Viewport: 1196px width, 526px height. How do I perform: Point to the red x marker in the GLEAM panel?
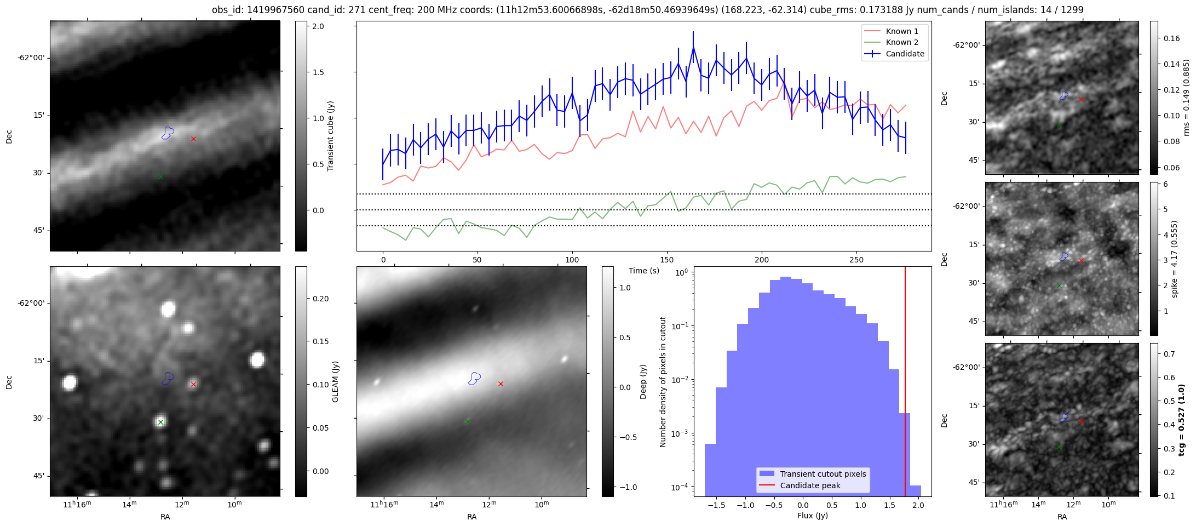193,384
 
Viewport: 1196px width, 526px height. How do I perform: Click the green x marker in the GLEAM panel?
160,422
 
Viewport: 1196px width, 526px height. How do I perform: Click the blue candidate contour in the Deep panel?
474,378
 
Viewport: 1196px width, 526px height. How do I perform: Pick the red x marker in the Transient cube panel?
193,139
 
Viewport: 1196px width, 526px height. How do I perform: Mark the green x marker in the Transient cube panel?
160,176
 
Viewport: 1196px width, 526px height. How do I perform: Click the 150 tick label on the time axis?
667,260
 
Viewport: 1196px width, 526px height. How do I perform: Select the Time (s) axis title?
644,271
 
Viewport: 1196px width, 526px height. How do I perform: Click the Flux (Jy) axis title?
813,516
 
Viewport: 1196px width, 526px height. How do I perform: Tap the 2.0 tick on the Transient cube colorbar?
318,26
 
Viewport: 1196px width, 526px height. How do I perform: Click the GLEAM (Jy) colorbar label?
335,381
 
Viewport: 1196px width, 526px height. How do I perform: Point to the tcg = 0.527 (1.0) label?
1181,420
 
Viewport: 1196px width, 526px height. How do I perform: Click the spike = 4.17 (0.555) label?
1174,259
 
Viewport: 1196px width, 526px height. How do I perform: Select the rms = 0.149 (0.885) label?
1186,98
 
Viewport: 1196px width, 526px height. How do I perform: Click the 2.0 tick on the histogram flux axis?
918,505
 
